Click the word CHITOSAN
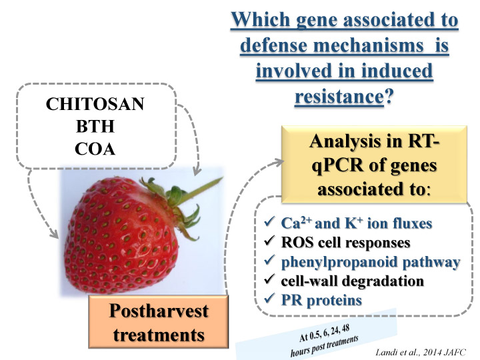tap(95, 104)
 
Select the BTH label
tap(95, 126)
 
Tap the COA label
tap(95, 149)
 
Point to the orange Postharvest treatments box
tap(159, 322)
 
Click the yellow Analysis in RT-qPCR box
tap(374, 164)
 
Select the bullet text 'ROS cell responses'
tap(345, 243)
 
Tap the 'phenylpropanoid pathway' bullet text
tap(371, 263)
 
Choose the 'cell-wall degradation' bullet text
tap(353, 281)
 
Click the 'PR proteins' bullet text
tap(321, 300)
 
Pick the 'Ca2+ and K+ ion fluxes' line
tap(356, 223)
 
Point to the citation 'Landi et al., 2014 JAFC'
tap(420, 353)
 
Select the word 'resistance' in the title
tap(339, 97)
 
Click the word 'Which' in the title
tap(261, 19)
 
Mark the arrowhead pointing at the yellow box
tap(279, 162)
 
